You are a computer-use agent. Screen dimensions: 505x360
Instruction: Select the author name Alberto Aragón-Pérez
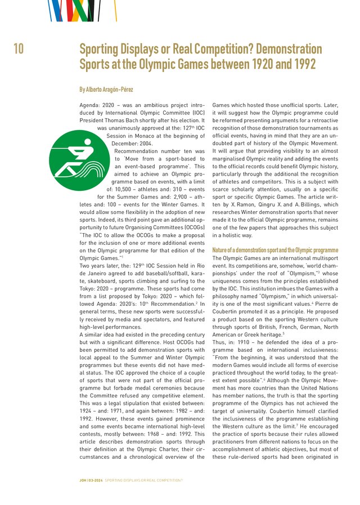point(106,90)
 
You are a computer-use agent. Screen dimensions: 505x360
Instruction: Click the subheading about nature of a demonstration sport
point(275,250)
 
